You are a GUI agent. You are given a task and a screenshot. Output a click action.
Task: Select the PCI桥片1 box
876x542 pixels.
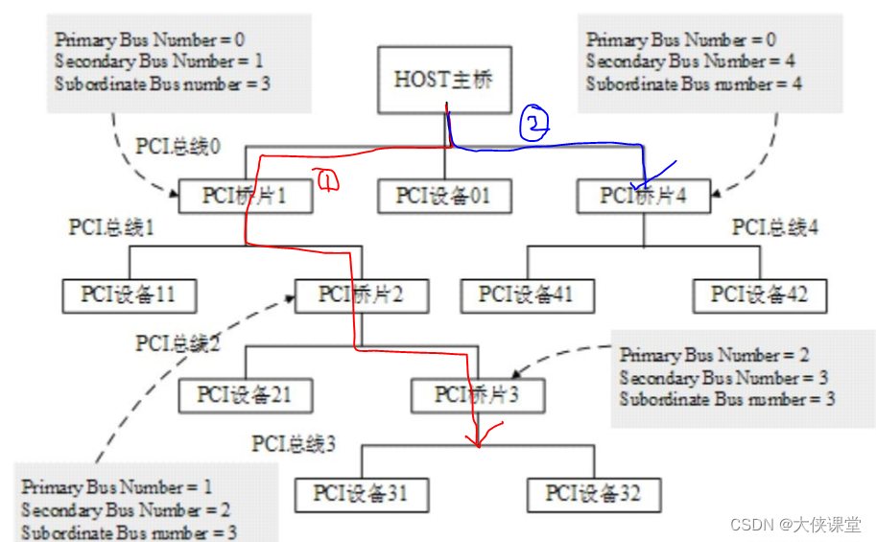[x=245, y=196]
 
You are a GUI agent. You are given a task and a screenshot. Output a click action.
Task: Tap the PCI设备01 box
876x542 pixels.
[x=442, y=196]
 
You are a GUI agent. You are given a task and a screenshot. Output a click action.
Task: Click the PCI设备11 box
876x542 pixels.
[x=130, y=295]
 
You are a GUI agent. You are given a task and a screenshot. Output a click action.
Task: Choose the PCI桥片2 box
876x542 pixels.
[x=362, y=295]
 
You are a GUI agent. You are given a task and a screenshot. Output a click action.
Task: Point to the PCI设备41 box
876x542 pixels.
[x=527, y=295]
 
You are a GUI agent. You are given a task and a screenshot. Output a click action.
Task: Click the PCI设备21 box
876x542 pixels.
[x=245, y=394]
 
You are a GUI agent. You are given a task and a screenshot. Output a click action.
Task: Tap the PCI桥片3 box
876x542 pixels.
[x=477, y=394]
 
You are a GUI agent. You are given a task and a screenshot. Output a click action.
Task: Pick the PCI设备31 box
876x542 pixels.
[x=361, y=493]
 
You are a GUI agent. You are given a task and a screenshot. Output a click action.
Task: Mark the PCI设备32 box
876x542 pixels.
[x=593, y=493]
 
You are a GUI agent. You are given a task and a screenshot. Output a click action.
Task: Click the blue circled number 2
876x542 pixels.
[x=534, y=123]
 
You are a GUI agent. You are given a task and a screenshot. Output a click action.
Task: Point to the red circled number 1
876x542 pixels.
[x=325, y=179]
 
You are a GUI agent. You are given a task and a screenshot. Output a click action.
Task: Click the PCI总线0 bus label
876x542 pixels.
[x=178, y=147]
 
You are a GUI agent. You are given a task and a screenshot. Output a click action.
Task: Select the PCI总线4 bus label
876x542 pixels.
[x=775, y=227]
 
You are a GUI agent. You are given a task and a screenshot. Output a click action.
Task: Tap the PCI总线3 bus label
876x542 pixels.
[x=295, y=444]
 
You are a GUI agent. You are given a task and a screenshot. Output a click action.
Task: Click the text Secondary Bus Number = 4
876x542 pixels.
[x=680, y=61]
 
